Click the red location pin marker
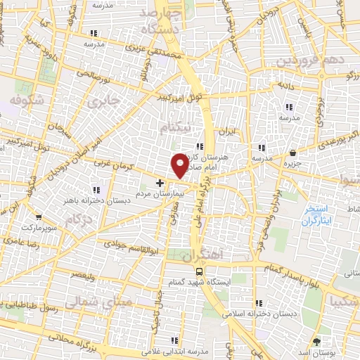coord(180,165)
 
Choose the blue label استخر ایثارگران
coord(318,215)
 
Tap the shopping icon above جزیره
coord(292,152)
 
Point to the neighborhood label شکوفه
coord(27,100)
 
